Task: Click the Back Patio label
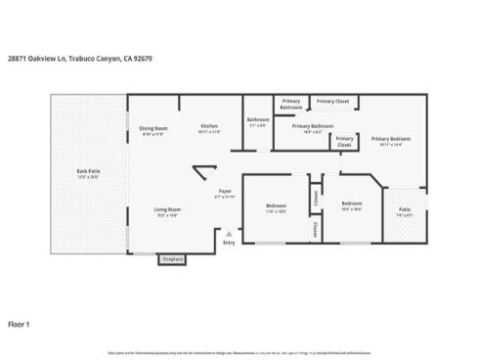[88, 172]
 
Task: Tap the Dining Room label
[152, 128]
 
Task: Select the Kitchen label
[209, 126]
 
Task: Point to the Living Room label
[166, 209]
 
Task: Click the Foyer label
[225, 191]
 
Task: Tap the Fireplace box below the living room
[172, 259]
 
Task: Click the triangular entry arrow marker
[229, 235]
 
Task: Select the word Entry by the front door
[229, 243]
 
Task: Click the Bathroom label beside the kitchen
[258, 119]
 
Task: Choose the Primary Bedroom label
[390, 139]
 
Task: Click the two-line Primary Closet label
[344, 141]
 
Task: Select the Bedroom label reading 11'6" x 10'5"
[276, 205]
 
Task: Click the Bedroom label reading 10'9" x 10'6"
[352, 203]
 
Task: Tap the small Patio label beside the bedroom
[404, 208]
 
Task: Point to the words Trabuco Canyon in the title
[94, 59]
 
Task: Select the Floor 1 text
[20, 323]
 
